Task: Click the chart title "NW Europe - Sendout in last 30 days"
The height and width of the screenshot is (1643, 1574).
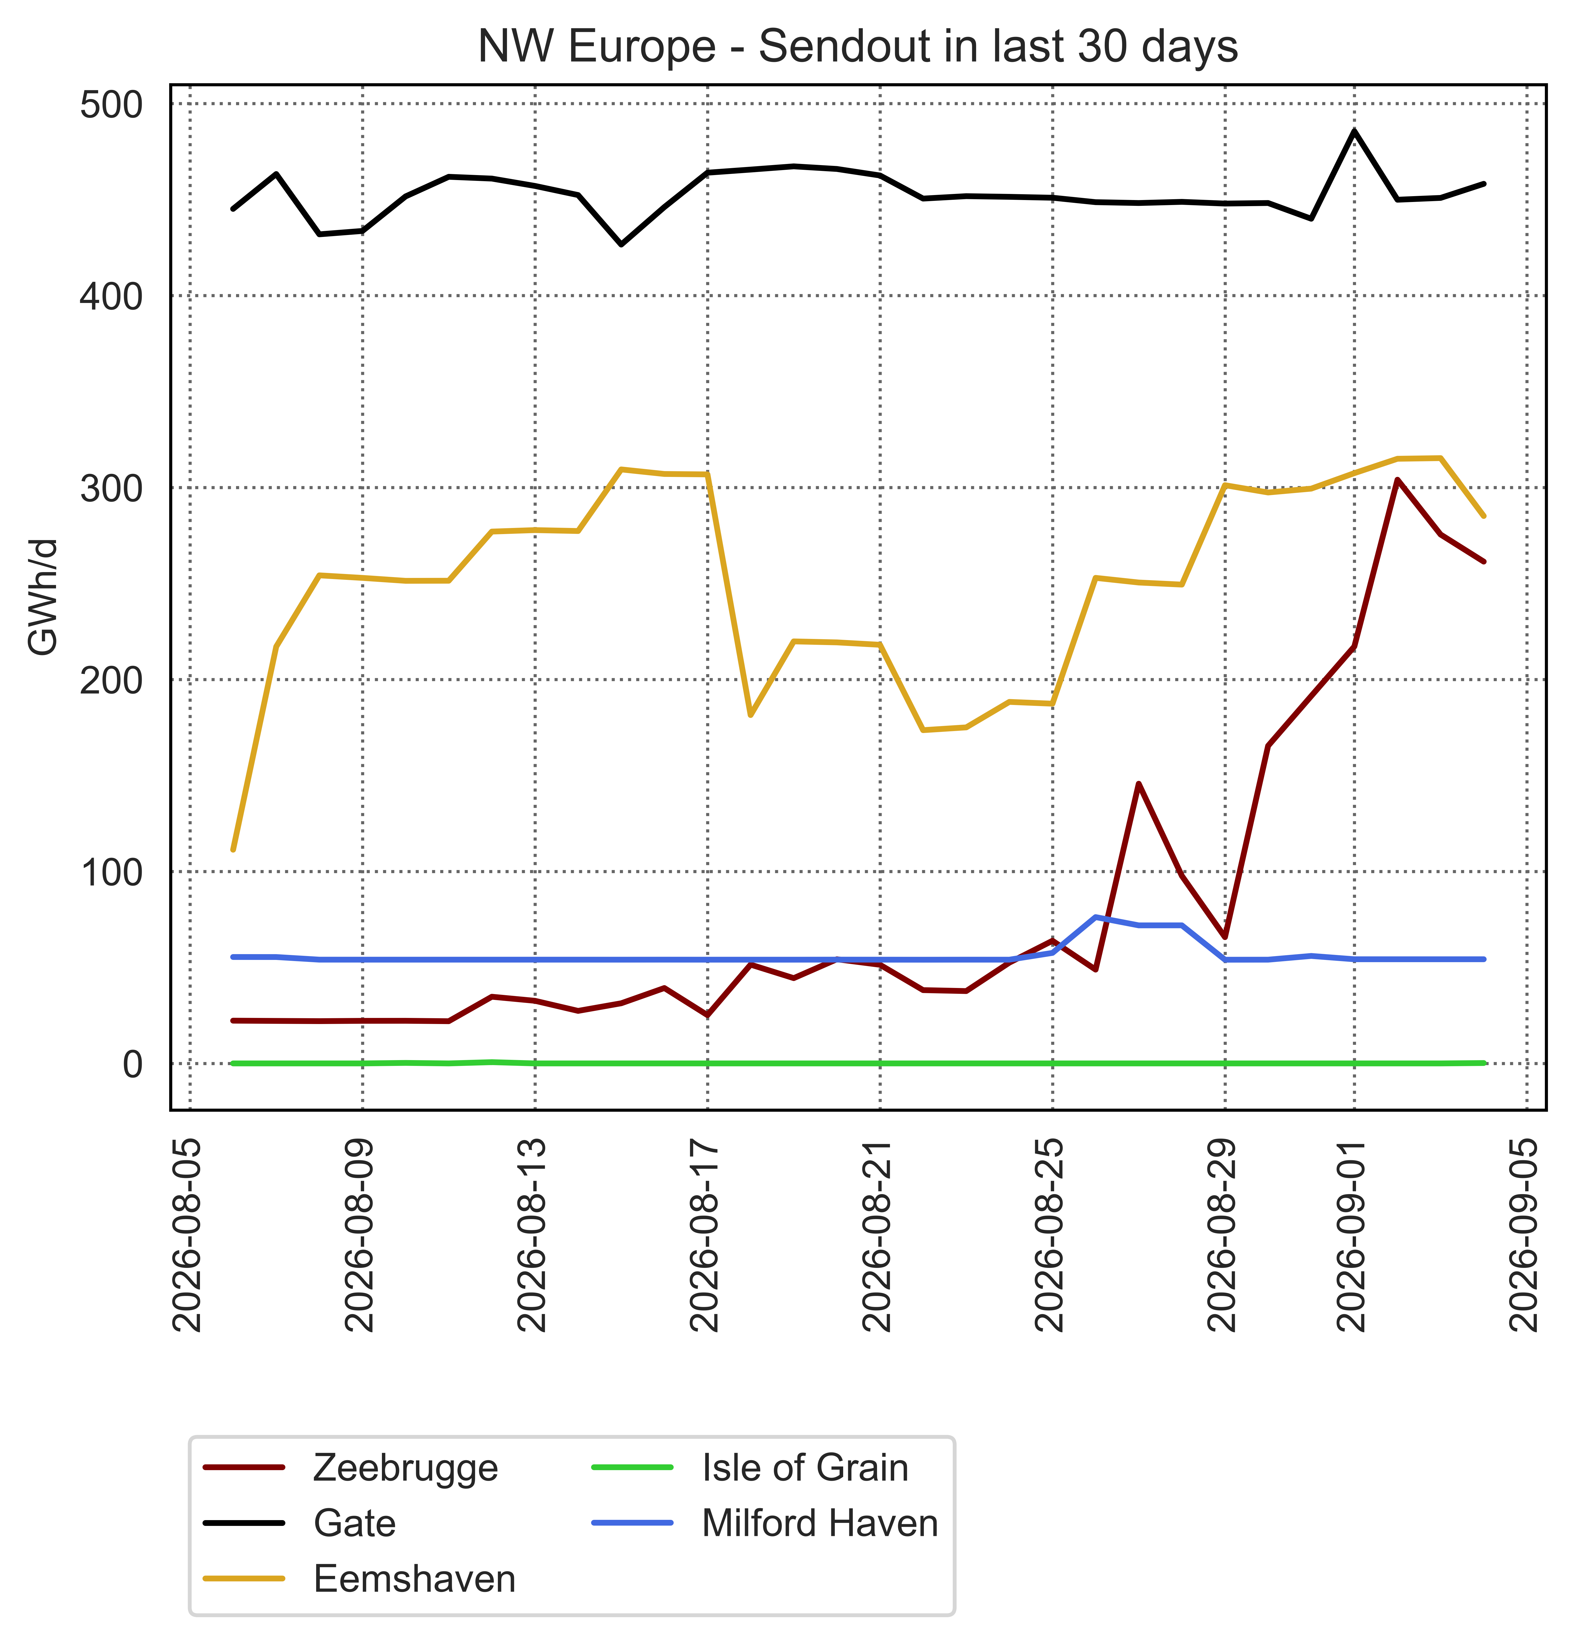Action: click(x=857, y=47)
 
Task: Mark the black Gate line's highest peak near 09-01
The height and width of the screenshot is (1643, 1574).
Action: click(x=1354, y=131)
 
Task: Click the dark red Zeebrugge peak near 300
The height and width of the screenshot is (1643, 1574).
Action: click(x=1396, y=479)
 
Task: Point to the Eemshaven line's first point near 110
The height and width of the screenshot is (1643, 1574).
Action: click(x=233, y=850)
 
